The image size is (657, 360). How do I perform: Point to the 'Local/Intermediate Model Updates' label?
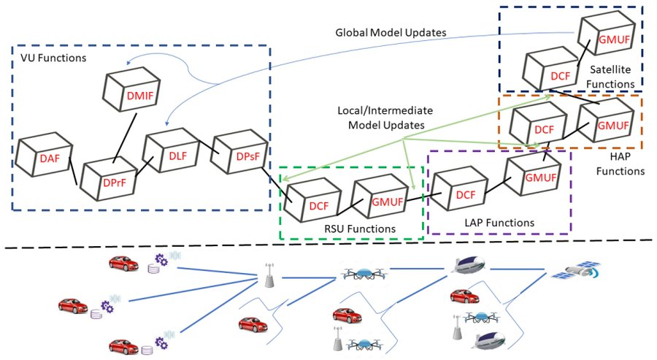(x=385, y=118)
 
